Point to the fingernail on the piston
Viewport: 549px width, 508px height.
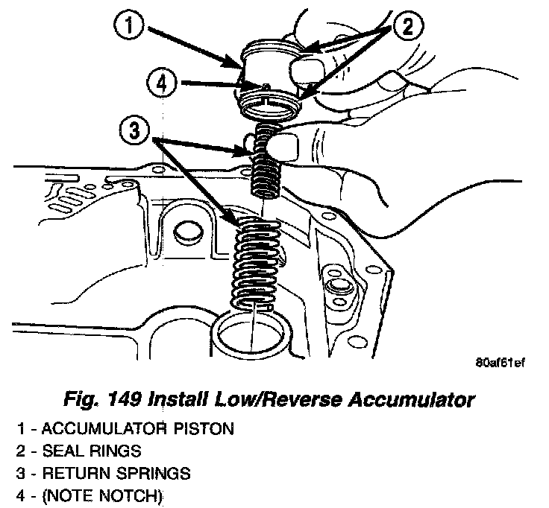[x=304, y=72]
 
